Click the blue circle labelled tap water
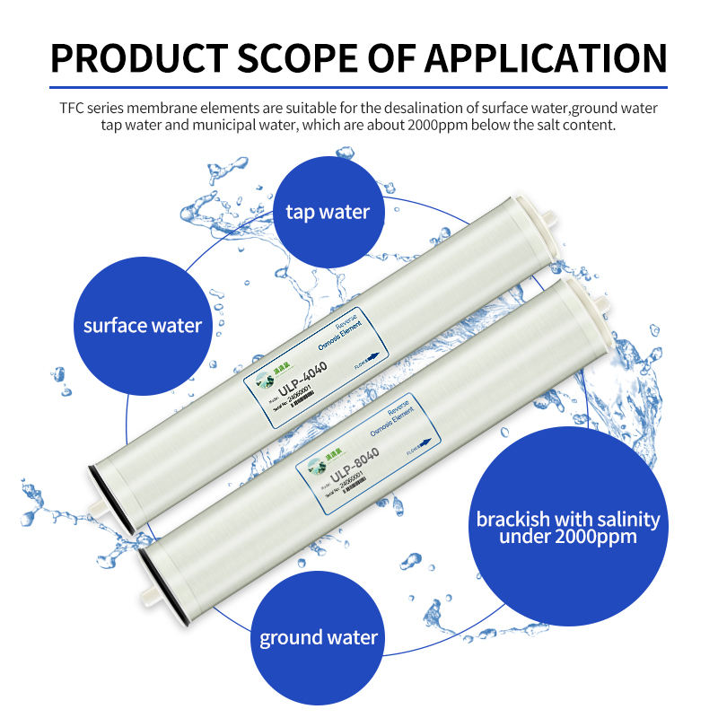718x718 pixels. point(328,212)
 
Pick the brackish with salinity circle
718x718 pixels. point(568,527)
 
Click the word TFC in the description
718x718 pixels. point(74,109)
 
